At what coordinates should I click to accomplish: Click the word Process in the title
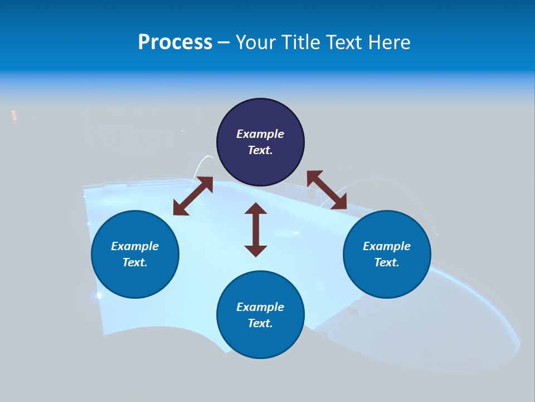tap(175, 42)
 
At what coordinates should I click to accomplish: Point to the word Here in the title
tap(390, 42)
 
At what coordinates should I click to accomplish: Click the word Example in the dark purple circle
tap(260, 134)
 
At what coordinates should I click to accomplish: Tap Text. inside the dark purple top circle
tap(260, 150)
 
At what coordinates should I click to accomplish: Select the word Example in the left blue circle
tap(135, 246)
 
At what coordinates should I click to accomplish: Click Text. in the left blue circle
tap(135, 262)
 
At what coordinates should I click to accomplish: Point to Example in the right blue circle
tap(387, 246)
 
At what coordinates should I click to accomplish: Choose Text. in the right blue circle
tap(387, 262)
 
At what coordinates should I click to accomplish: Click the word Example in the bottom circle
tap(260, 307)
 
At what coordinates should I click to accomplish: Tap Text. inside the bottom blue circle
tap(260, 323)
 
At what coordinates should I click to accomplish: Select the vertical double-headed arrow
tap(256, 229)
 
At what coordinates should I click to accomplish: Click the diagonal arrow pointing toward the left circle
tap(193, 196)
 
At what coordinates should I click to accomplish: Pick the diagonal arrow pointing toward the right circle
tap(327, 190)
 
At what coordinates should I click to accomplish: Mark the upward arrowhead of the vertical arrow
tap(256, 209)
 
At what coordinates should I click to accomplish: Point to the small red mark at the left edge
tap(14, 116)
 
